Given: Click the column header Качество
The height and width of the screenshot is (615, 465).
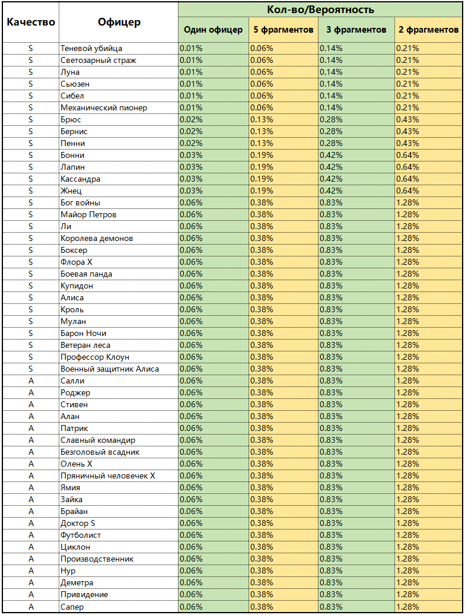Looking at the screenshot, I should click(x=31, y=22).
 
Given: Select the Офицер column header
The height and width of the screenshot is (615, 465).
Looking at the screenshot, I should click(x=119, y=22).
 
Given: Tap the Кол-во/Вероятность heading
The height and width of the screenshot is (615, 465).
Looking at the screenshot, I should click(x=320, y=9).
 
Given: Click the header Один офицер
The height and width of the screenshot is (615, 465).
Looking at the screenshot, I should click(x=213, y=30).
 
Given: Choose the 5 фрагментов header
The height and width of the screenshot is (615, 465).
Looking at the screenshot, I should click(x=283, y=30).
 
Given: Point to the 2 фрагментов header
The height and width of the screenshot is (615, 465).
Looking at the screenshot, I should click(x=428, y=30).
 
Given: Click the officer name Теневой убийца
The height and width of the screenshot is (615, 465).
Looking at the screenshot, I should click(x=91, y=48).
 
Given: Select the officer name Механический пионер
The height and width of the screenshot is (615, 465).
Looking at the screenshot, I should click(x=104, y=107).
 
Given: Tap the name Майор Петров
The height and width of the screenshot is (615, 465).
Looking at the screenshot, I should click(x=88, y=214).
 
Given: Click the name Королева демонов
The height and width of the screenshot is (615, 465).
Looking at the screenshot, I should click(x=97, y=238).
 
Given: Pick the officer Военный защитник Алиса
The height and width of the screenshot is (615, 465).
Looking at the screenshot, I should click(x=110, y=369).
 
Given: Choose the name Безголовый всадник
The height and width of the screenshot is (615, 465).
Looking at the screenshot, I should click(x=100, y=452).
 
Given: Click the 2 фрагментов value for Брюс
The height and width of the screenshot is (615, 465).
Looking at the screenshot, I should click(x=407, y=119).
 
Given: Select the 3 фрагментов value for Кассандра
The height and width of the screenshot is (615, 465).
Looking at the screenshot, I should click(x=331, y=179).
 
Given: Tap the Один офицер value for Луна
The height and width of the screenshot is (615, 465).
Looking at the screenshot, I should click(x=191, y=72).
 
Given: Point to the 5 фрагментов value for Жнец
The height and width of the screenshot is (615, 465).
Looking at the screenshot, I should click(x=262, y=191).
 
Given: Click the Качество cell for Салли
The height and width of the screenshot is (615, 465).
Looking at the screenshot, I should click(x=31, y=381).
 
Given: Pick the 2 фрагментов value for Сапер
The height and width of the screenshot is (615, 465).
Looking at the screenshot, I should click(x=407, y=606).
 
